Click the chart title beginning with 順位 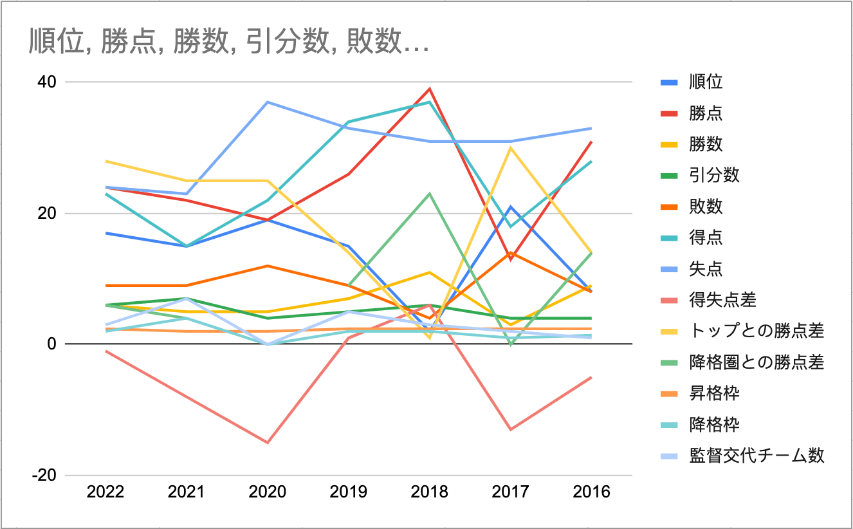click(228, 43)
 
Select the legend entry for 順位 click(705, 82)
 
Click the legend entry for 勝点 click(705, 113)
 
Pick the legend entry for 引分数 click(714, 175)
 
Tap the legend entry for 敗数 click(705, 206)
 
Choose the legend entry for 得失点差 click(722, 299)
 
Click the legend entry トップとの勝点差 click(756, 331)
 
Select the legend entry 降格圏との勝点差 click(756, 362)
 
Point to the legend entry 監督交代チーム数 click(756, 456)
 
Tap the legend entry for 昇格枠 click(714, 393)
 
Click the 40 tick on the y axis click(50, 82)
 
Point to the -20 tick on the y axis click(46, 475)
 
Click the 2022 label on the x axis click(105, 492)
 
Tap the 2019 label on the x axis click(349, 492)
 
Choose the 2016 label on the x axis click(591, 492)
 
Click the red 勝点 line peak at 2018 click(430, 89)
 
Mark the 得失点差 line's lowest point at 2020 click(268, 442)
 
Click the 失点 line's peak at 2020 click(268, 102)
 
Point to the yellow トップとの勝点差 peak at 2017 click(511, 148)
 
